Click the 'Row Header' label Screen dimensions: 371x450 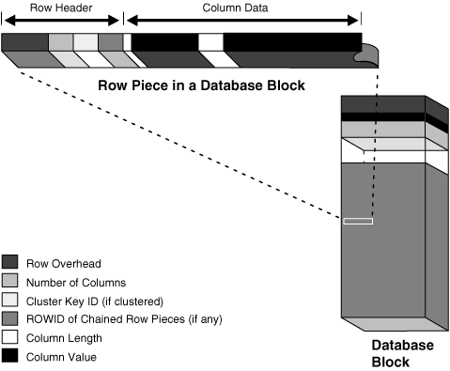tap(61, 8)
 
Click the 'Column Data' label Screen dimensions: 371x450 tap(241, 8)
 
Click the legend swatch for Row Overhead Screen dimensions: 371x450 tap(11, 262)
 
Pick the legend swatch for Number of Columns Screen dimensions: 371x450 tap(11, 281)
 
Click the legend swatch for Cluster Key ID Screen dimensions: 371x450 tap(11, 300)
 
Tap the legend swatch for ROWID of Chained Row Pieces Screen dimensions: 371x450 tap(11, 318)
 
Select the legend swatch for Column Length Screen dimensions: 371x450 tap(11, 337)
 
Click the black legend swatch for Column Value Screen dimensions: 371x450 tap(11, 356)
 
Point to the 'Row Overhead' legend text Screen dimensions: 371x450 tap(65, 262)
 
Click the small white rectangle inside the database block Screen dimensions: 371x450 tap(358, 222)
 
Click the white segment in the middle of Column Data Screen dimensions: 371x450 tap(211, 42)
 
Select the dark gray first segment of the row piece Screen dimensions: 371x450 tap(24, 42)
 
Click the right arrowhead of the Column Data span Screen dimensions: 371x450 tap(356, 20)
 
